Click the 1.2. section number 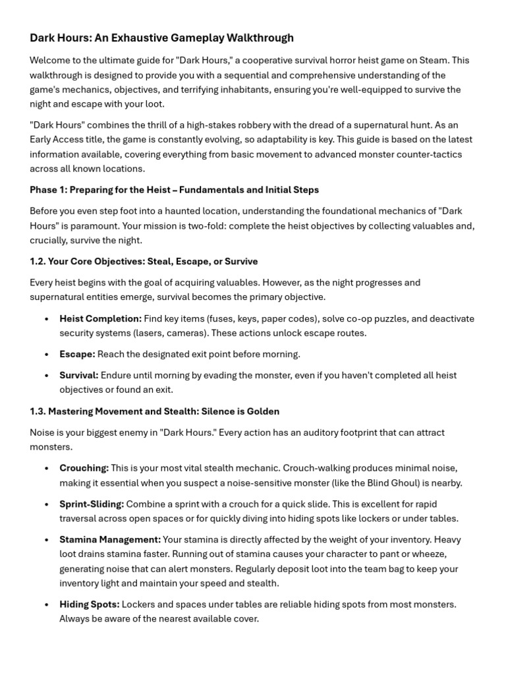pyautogui.click(x=38, y=261)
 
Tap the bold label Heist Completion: pyautogui.click(x=100, y=318)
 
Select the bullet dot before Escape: pyautogui.click(x=46, y=355)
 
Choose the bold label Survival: pyautogui.click(x=79, y=376)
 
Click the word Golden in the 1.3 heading pyautogui.click(x=263, y=411)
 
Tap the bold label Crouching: pyautogui.click(x=84, y=468)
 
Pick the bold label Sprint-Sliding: pyautogui.click(x=92, y=504)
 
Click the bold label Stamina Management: pyautogui.click(x=110, y=540)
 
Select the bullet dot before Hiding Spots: pyautogui.click(x=46, y=604)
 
